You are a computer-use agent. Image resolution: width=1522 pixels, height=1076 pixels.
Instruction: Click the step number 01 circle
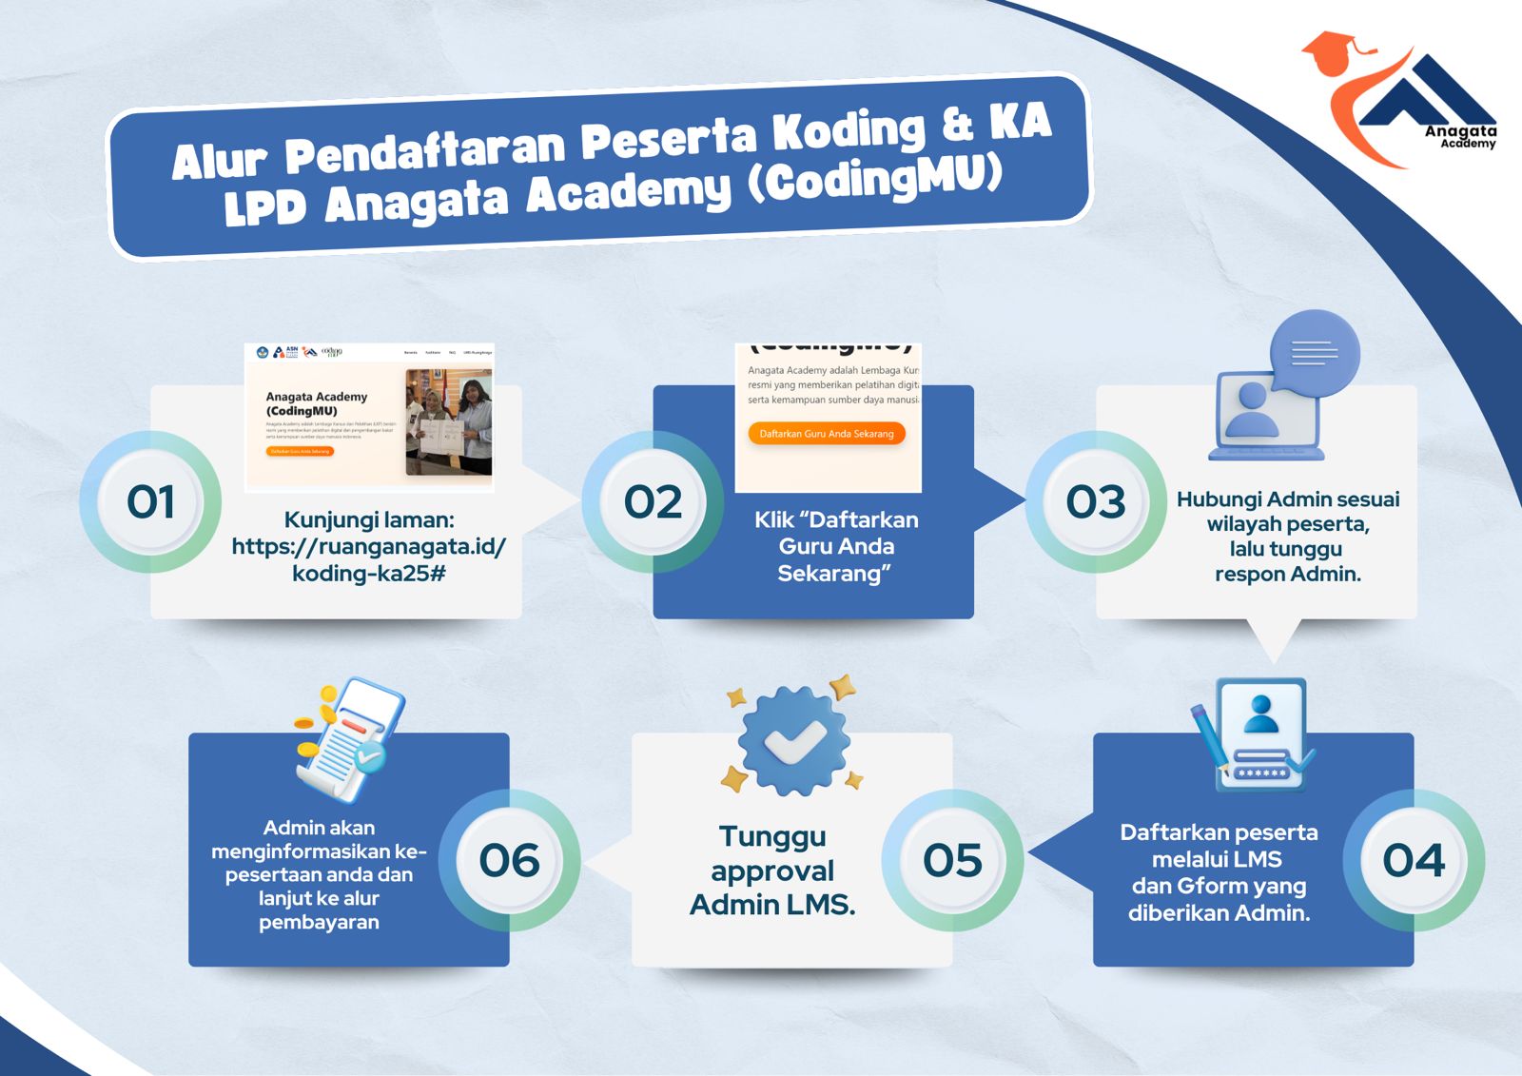pyautogui.click(x=150, y=502)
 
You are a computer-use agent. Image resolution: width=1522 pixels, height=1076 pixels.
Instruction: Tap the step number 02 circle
pyautogui.click(x=653, y=502)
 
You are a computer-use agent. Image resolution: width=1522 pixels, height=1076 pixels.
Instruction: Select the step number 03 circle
pyautogui.click(x=1096, y=502)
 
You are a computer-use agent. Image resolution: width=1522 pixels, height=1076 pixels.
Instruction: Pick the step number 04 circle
pyautogui.click(x=1414, y=860)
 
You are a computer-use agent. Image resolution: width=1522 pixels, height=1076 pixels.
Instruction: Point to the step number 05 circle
pyautogui.click(x=952, y=860)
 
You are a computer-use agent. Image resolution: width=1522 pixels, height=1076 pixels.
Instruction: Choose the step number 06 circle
pyautogui.click(x=509, y=860)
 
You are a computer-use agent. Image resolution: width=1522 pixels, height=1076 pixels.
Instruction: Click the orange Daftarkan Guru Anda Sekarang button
pyautogui.click(x=826, y=434)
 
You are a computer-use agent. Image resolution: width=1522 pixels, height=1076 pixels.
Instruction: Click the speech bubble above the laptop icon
pyautogui.click(x=1315, y=353)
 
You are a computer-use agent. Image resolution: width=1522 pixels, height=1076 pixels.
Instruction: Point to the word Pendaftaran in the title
pyautogui.click(x=425, y=150)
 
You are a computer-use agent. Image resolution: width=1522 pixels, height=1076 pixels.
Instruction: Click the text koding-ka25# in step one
pyautogui.click(x=368, y=574)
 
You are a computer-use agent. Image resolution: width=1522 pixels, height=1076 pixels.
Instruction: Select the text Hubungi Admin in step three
pyautogui.click(x=1235, y=499)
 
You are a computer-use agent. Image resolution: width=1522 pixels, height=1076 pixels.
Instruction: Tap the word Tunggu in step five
pyautogui.click(x=771, y=836)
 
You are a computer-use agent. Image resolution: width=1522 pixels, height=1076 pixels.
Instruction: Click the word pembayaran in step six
pyautogui.click(x=319, y=922)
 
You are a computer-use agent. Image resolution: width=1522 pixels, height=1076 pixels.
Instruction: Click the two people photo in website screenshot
pyautogui.click(x=448, y=422)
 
